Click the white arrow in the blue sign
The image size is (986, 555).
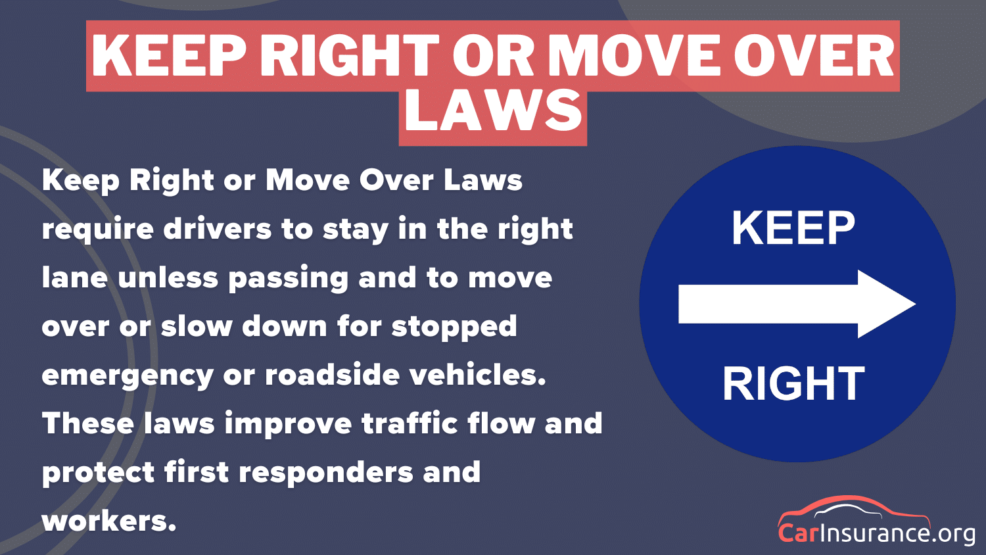pos(796,304)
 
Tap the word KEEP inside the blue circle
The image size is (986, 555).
pos(793,229)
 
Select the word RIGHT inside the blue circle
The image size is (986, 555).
pos(793,383)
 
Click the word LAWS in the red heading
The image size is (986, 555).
pos(493,111)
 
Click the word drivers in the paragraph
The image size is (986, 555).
pos(217,229)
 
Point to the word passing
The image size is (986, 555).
pos(288,278)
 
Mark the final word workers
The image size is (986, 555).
pos(108,521)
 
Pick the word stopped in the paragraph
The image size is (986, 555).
pos(454,327)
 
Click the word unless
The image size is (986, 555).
pos(168,277)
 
